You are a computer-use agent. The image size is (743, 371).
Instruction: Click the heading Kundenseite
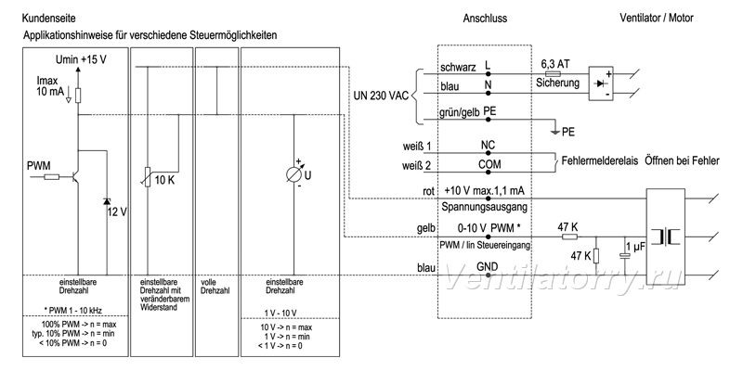[49, 19]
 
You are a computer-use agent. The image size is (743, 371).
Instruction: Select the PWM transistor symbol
[74, 177]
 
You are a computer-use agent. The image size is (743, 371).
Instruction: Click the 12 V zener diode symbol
[106, 201]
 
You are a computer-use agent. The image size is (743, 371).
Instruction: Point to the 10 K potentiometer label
[164, 180]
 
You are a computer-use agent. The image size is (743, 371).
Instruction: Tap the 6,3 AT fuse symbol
[554, 74]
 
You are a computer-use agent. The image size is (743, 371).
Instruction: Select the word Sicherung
[558, 83]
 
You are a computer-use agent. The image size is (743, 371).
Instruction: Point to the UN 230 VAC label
[381, 95]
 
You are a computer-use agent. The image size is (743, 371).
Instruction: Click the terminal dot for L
[488, 74]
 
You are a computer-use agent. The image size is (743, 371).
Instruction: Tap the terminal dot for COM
[488, 173]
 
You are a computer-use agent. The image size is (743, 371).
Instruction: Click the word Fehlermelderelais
[599, 160]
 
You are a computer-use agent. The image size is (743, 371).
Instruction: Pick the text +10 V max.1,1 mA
[484, 190]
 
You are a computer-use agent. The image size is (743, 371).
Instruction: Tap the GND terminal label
[487, 266]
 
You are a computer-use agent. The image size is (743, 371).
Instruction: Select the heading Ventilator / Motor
[657, 19]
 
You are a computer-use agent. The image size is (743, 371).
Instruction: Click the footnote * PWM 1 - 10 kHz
[72, 310]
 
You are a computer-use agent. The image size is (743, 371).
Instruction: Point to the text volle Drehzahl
[211, 286]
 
